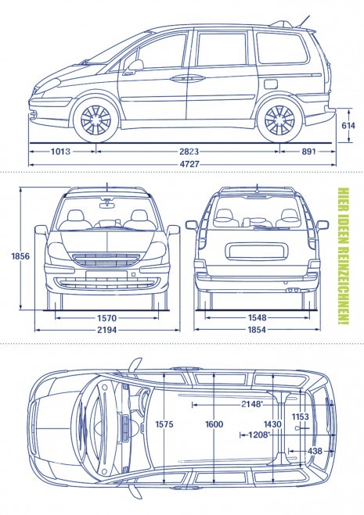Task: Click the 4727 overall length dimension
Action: (189, 163)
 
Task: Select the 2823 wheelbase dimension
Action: (189, 152)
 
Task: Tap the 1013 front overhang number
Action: (60, 152)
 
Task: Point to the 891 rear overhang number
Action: (308, 152)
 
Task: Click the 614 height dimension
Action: (348, 125)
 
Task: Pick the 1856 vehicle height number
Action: (20, 256)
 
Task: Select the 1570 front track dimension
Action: (107, 318)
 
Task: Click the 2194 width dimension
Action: (106, 330)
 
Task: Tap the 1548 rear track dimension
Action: (257, 317)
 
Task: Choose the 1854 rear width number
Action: (257, 330)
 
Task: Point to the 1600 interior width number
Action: (214, 424)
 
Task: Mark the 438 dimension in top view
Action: (315, 451)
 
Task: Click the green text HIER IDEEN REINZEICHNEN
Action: (344, 256)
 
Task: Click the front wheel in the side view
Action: (96, 120)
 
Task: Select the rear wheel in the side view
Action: (279, 120)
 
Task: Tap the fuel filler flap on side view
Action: (271, 84)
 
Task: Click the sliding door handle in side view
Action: (188, 78)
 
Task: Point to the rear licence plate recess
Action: (256, 252)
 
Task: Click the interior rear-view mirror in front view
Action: (107, 205)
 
